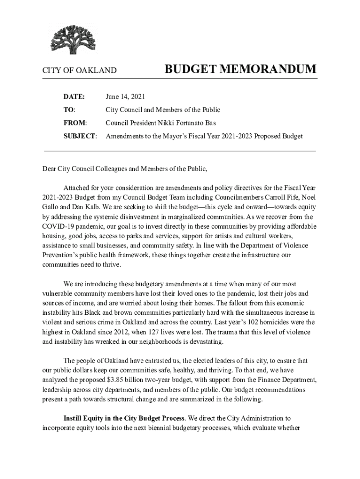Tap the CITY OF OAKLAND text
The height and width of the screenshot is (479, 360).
(79, 71)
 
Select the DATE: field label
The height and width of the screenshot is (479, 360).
(74, 97)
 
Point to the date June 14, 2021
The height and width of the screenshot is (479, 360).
(125, 97)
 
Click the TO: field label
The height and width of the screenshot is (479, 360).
(70, 110)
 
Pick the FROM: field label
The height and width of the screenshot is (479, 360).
(75, 123)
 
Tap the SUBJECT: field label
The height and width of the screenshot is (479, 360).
(80, 136)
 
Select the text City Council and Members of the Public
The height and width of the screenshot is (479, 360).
(163, 110)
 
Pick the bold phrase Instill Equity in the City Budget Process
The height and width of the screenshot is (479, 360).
(124, 418)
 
